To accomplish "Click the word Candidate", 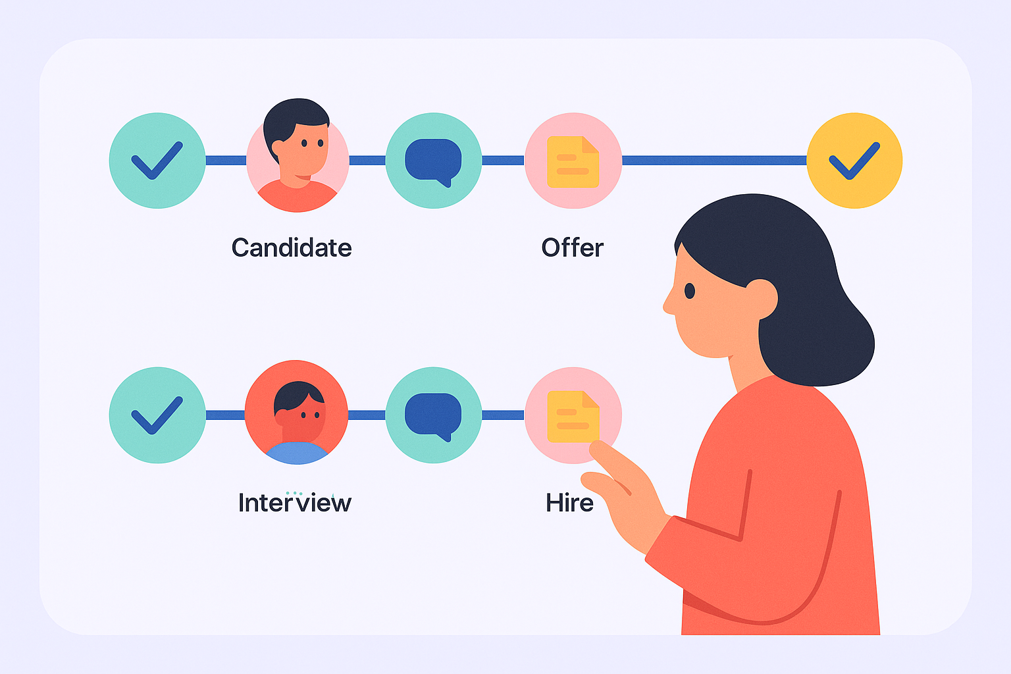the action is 292,247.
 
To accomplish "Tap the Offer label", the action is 572,247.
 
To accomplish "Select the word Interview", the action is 295,502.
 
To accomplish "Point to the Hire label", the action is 569,502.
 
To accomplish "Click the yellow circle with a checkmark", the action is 854,161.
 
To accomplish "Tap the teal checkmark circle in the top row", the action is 157,161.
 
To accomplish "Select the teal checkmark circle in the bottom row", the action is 157,415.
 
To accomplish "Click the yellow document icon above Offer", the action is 573,162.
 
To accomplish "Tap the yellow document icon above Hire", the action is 573,416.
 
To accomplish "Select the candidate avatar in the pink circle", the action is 298,155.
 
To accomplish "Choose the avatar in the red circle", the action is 297,412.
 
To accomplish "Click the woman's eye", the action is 690,291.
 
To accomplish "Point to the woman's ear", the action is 762,299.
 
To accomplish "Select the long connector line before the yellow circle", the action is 714,160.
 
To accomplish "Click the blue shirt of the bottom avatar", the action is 297,453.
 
